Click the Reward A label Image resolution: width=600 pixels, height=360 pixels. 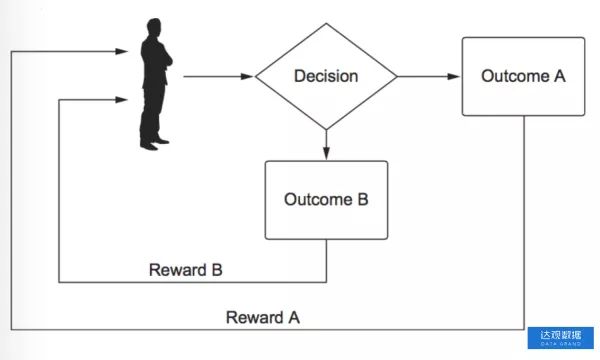(262, 318)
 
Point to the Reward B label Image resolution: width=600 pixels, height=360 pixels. (186, 270)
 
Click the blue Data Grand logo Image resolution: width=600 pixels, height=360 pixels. (561, 338)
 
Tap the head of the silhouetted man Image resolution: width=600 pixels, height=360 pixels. (154, 27)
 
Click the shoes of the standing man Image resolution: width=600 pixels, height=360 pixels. (154, 144)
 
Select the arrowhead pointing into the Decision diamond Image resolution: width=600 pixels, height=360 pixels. (247, 77)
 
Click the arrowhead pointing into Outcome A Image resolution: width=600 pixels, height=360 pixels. (453, 77)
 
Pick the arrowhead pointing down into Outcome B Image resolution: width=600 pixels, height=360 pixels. (326, 153)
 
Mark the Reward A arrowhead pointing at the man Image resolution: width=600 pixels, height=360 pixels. (122, 51)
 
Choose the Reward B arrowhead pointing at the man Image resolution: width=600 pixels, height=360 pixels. (122, 100)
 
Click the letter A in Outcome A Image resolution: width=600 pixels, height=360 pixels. (560, 76)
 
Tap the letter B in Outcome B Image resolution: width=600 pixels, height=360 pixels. (363, 200)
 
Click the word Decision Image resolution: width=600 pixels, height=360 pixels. (326, 76)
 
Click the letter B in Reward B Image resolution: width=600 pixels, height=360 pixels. (217, 270)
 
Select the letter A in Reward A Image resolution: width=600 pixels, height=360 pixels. (294, 318)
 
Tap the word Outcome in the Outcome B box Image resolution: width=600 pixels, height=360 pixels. (318, 200)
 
